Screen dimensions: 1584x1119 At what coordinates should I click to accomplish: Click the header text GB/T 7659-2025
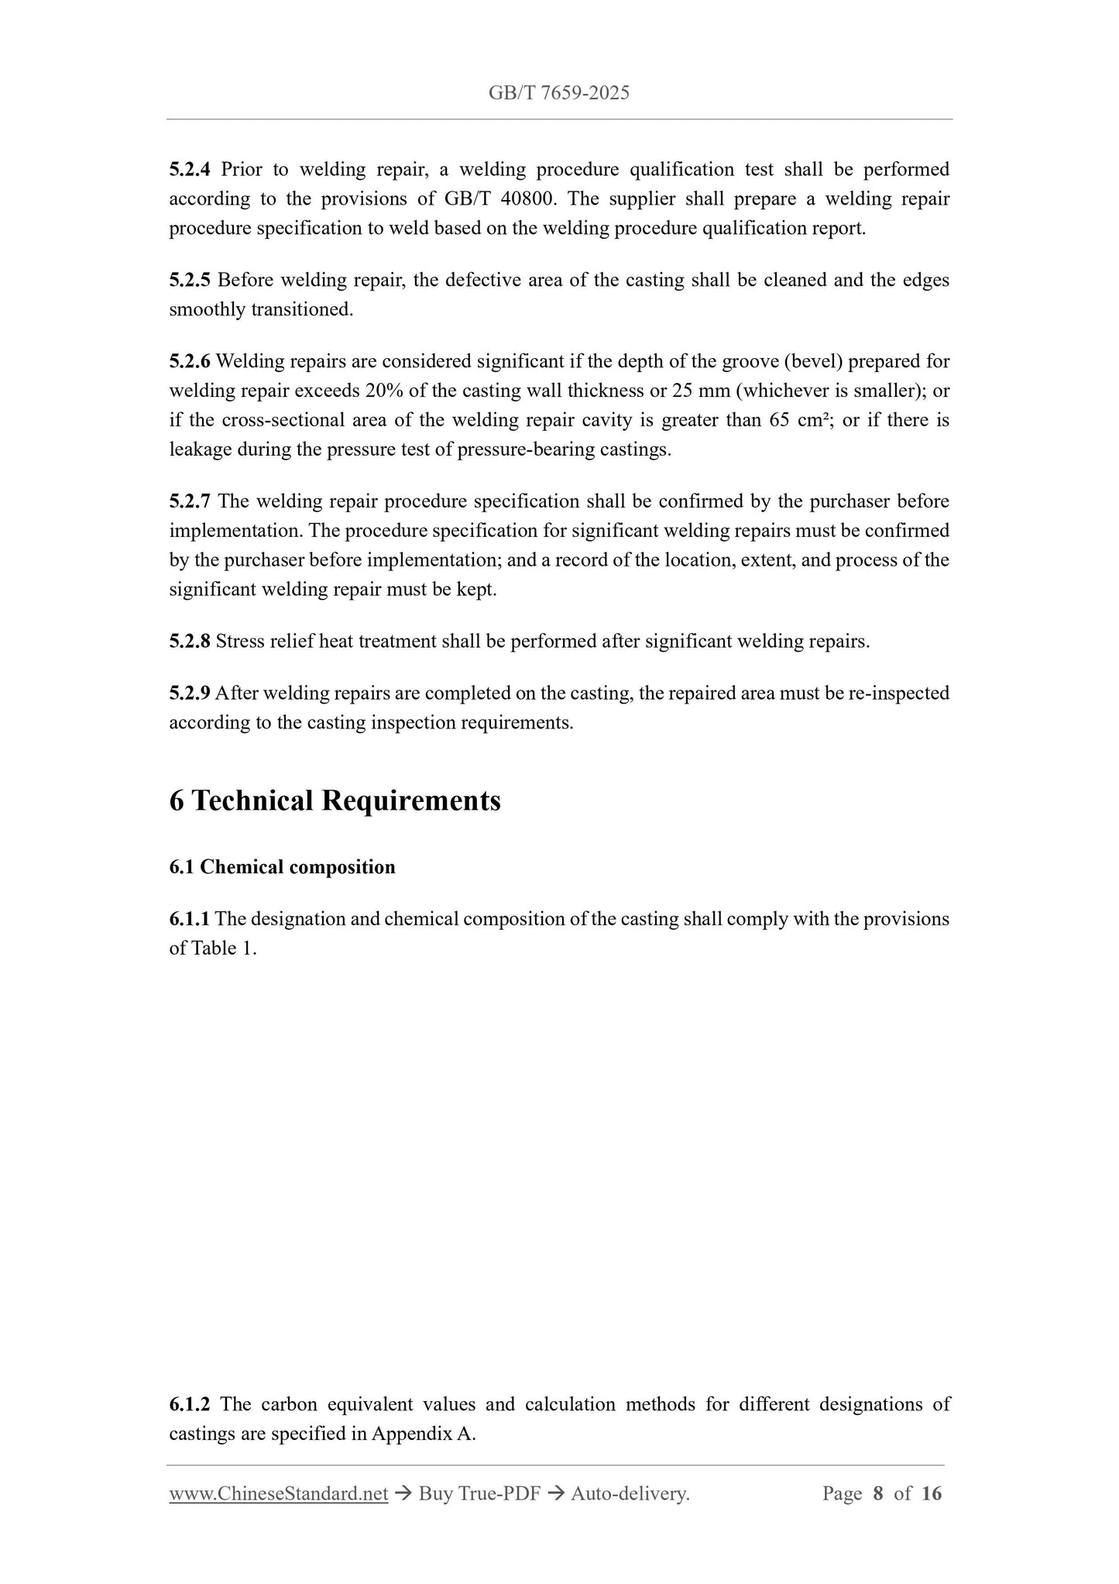tap(558, 94)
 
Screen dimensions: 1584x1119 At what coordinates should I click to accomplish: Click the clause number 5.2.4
tap(190, 169)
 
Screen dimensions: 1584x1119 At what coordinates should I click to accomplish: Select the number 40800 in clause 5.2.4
tap(527, 198)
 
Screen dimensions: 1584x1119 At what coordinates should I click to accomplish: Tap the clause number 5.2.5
tap(190, 280)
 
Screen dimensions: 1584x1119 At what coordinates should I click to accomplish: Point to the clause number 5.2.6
tap(190, 361)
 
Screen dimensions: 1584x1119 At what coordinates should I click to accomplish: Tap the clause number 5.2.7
tap(190, 501)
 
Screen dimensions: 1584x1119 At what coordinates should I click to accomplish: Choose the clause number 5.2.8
tap(190, 642)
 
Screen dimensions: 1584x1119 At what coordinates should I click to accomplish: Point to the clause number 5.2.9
tap(190, 693)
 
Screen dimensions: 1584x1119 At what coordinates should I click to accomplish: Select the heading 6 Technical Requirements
tap(335, 801)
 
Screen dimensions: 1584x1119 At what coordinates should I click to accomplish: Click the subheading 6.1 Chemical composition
tap(282, 867)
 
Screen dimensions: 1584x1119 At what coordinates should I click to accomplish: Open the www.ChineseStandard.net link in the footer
tap(278, 1493)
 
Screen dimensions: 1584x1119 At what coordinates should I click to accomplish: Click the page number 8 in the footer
tap(877, 1493)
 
